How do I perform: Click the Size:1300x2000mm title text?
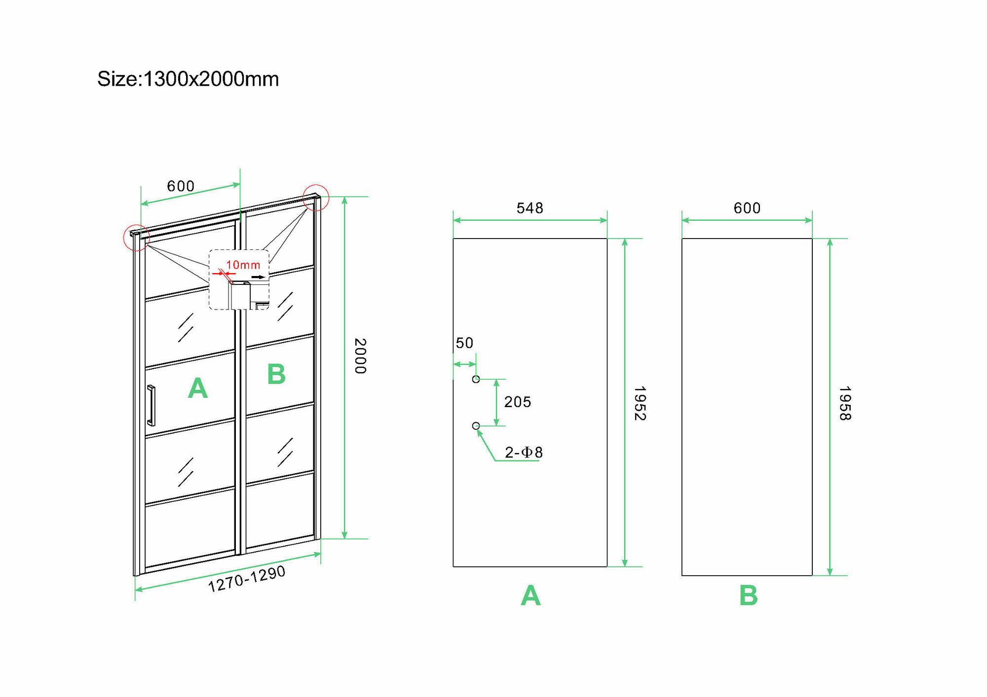[x=188, y=79]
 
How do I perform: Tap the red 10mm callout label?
[x=243, y=265]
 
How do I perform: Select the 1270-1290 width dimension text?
[x=247, y=579]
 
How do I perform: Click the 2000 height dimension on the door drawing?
[x=361, y=356]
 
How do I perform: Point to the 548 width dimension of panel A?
[x=530, y=208]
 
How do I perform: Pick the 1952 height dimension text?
[x=640, y=403]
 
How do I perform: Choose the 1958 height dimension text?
[x=845, y=403]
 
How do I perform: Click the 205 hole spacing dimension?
[x=518, y=402]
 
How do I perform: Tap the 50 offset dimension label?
[x=464, y=343]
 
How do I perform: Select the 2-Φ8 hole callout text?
[x=524, y=452]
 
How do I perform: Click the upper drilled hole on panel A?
[x=476, y=379]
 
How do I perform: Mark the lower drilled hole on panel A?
[x=476, y=426]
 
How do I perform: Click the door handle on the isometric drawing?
[x=151, y=405]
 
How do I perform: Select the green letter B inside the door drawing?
[x=276, y=374]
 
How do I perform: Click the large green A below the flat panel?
[x=531, y=595]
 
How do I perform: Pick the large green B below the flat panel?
[x=748, y=595]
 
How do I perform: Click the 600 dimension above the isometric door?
[x=181, y=186]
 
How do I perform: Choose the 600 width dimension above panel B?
[x=747, y=208]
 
